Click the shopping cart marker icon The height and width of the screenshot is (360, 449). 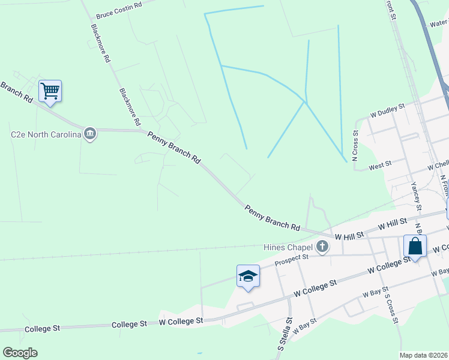pyautogui.click(x=50, y=91)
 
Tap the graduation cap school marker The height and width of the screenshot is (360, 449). pyautogui.click(x=248, y=276)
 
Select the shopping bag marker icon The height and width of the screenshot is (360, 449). pyautogui.click(x=415, y=246)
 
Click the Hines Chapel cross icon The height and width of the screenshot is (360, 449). pyautogui.click(x=322, y=246)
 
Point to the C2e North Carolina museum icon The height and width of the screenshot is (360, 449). pyautogui.click(x=90, y=133)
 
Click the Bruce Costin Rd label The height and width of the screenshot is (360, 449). pyautogui.click(x=118, y=9)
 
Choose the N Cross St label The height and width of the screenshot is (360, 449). pyautogui.click(x=355, y=146)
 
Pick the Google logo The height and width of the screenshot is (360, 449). pyautogui.click(x=20, y=353)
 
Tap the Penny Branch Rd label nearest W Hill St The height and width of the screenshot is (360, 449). pyautogui.click(x=272, y=218)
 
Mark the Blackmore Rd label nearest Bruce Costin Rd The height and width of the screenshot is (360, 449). pyautogui.click(x=100, y=44)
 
